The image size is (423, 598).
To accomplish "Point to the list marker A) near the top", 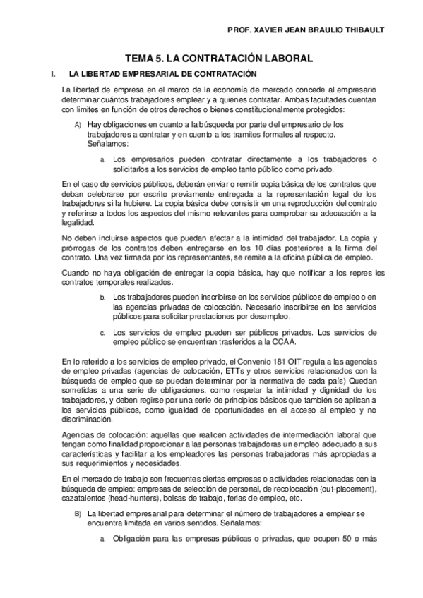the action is (x=77, y=125).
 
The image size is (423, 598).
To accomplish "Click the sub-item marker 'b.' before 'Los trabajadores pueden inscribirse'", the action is (x=102, y=298).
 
